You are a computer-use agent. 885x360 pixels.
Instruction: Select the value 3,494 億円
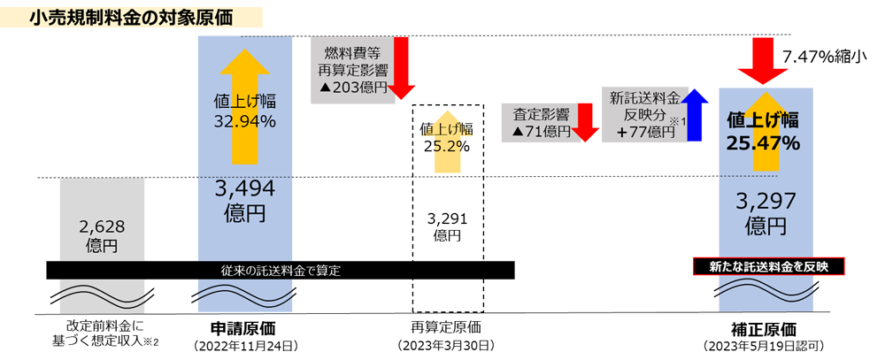coord(245,201)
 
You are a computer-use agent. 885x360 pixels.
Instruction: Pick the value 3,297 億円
coord(762,213)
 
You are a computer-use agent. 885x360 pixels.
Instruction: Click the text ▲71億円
coord(542,131)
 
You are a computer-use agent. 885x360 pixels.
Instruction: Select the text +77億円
coord(641,131)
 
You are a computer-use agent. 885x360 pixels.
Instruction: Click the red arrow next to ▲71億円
coord(582,115)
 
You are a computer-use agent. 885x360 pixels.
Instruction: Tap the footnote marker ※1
coord(680,121)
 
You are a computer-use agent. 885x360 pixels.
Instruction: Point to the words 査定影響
coord(540,114)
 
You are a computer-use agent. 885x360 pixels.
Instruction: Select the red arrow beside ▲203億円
coord(401,75)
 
